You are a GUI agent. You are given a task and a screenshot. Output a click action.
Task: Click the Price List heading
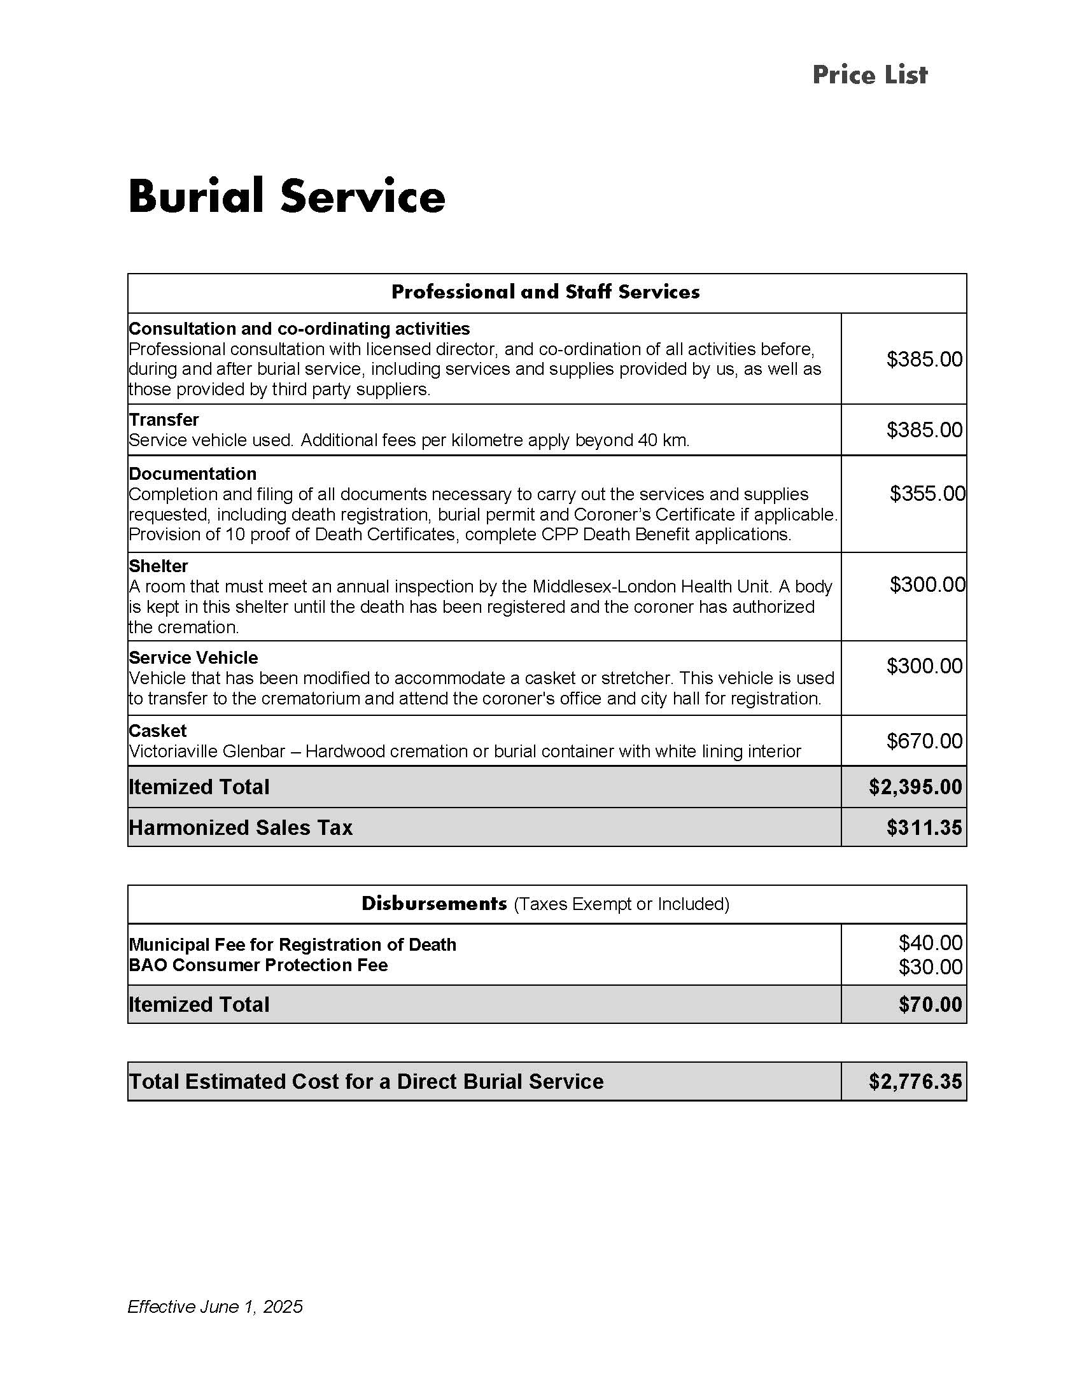point(869,75)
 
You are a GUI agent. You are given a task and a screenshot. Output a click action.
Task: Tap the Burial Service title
point(286,196)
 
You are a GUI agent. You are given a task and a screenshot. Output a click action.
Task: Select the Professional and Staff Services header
point(545,292)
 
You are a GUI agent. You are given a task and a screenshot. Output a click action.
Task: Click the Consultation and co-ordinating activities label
point(299,329)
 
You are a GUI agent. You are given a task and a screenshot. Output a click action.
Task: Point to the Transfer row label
point(164,420)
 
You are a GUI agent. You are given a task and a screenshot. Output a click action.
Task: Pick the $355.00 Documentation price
point(927,494)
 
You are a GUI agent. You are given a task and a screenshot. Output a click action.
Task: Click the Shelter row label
point(158,566)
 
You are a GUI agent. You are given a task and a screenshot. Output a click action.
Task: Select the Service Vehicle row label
point(193,658)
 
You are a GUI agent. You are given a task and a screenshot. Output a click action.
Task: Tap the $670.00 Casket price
point(924,741)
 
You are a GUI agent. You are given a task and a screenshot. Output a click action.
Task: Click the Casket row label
point(158,731)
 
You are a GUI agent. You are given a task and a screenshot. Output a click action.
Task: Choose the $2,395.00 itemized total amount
point(915,787)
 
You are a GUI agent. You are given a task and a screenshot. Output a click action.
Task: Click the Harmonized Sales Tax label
point(241,827)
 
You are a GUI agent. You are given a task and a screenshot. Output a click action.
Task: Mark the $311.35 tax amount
point(924,827)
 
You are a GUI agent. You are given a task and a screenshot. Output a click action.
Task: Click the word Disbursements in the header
point(434,904)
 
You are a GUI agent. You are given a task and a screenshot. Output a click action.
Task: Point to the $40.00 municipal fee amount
point(930,943)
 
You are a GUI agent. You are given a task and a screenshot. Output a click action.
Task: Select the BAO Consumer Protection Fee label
point(258,965)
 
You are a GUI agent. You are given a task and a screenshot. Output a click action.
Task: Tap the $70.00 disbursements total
point(930,1004)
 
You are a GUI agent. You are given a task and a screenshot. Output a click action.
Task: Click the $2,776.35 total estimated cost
point(915,1081)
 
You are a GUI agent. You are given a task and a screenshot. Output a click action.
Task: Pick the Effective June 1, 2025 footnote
point(215,1306)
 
